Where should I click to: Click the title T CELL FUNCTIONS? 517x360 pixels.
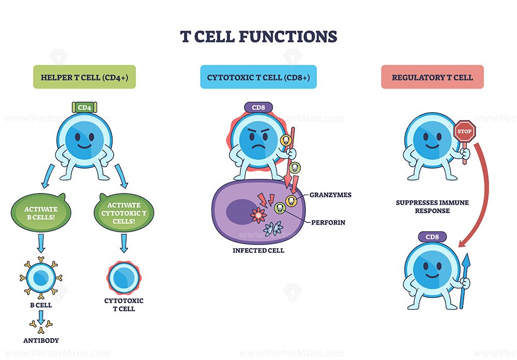click(x=258, y=36)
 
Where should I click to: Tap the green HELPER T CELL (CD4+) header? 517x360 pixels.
click(x=84, y=77)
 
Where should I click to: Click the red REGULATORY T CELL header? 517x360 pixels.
click(x=432, y=77)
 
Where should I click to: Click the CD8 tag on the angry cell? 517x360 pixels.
click(x=257, y=108)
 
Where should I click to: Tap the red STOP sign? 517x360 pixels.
click(x=464, y=131)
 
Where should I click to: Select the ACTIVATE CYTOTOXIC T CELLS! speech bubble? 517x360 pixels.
click(x=124, y=212)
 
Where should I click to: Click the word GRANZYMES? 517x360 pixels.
click(x=330, y=195)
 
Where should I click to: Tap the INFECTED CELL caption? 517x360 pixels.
click(x=257, y=250)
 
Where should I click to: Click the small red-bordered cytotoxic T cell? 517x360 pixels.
click(x=123, y=274)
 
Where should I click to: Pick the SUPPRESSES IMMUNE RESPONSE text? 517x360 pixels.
click(x=432, y=206)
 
